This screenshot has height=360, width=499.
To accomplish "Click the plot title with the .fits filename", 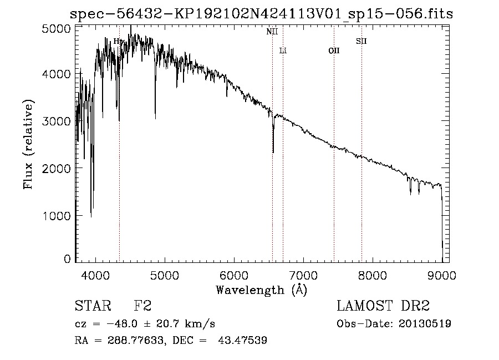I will tap(260, 14).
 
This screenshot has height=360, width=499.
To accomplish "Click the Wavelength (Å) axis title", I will tap(261, 290).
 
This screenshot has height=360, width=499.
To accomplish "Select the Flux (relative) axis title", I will tap(28, 145).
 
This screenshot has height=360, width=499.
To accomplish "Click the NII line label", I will tap(272, 32).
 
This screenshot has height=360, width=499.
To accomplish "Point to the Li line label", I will tap(283, 51).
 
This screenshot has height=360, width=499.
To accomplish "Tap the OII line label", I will tap(334, 51).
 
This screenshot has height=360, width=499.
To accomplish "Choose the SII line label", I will tap(361, 41).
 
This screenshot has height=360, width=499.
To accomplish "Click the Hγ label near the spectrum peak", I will tap(119, 41).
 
